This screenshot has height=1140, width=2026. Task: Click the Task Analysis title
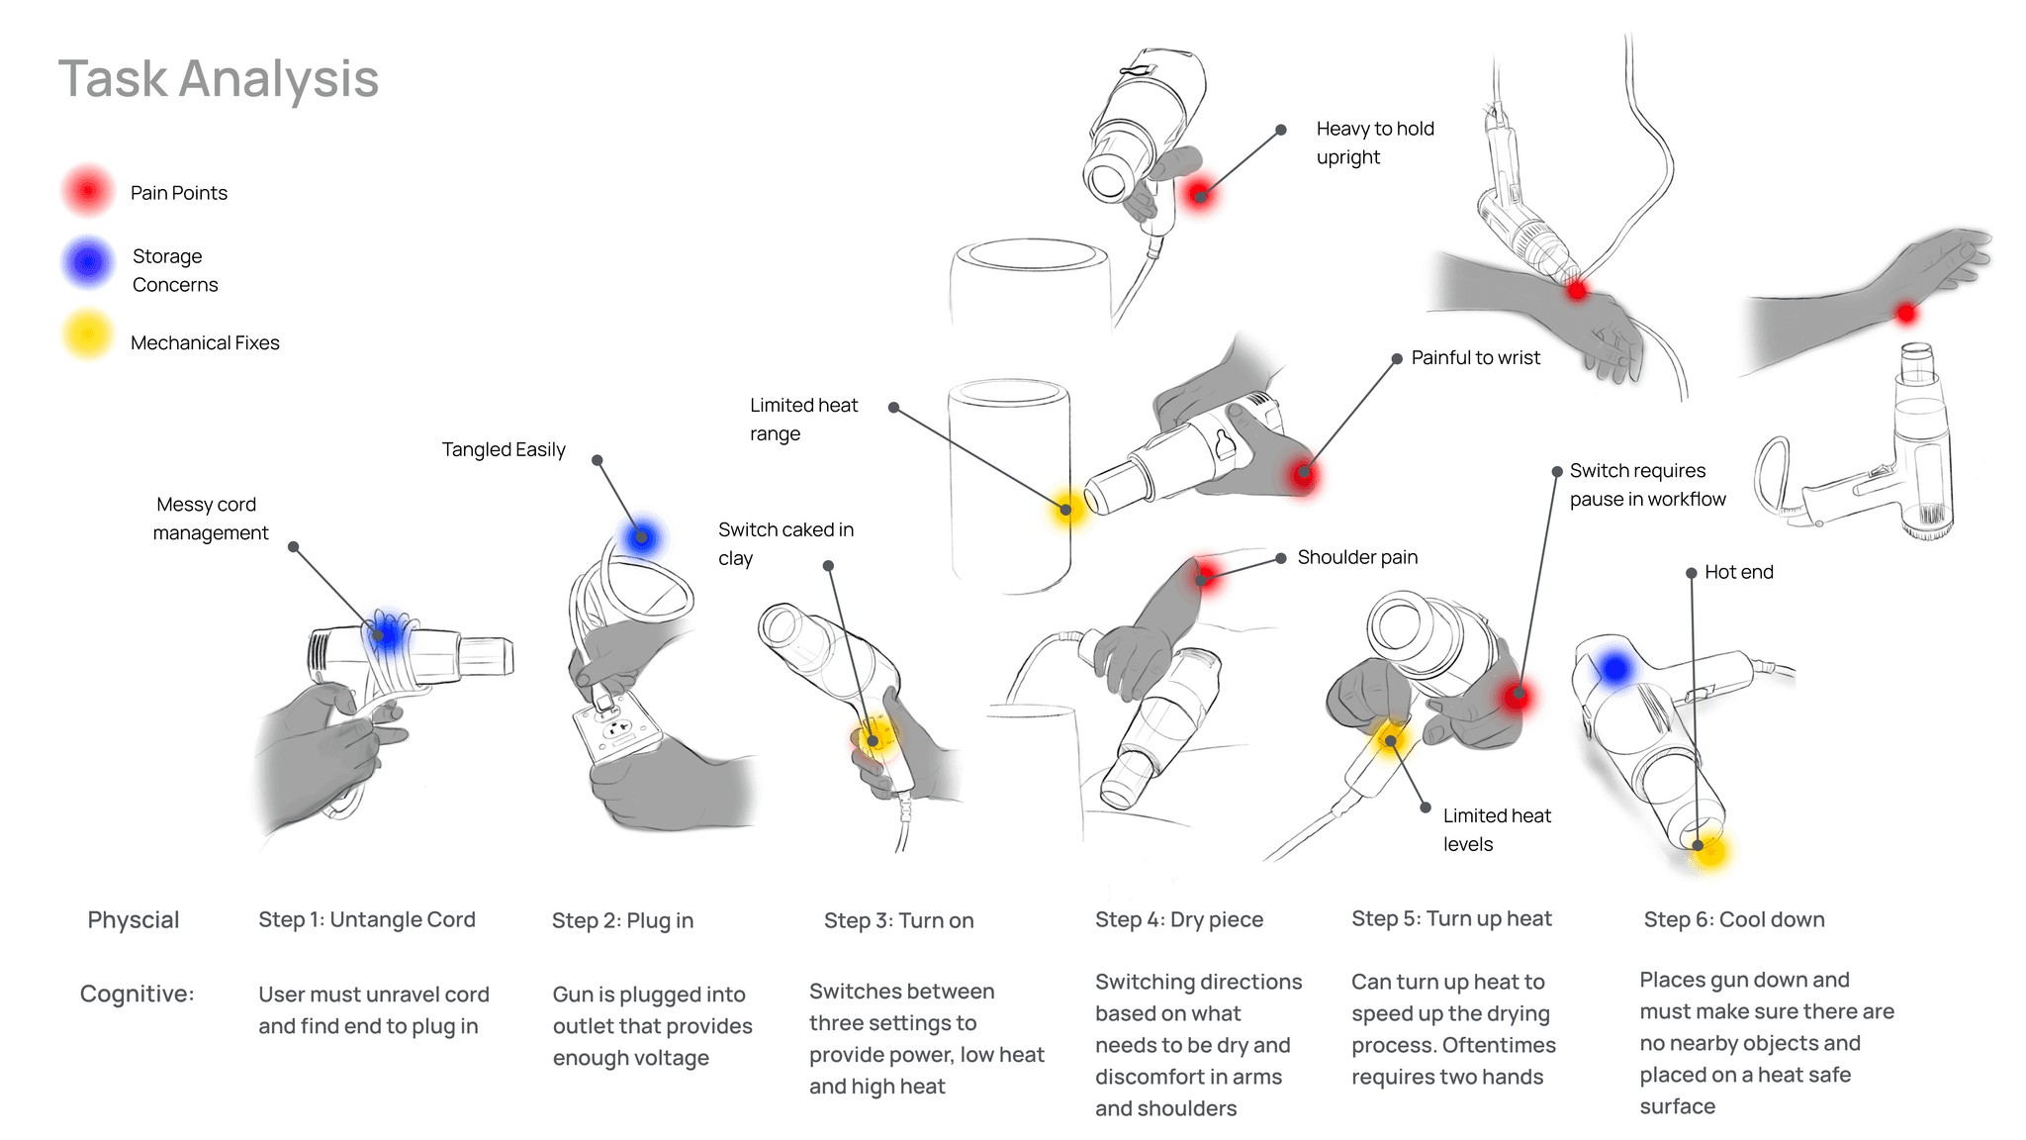click(x=219, y=79)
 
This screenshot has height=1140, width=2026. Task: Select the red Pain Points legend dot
click(x=88, y=191)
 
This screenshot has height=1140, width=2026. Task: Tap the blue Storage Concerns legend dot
click(x=89, y=262)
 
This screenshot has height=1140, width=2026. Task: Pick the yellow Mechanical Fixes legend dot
click(x=88, y=335)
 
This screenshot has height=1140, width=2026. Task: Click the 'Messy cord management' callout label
click(x=210, y=519)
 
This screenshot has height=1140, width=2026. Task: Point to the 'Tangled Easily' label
click(x=504, y=450)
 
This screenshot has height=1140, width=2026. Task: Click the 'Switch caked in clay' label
click(x=785, y=543)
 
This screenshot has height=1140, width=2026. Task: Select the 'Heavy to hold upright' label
click(x=1374, y=142)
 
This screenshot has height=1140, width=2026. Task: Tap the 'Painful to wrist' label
click(x=1475, y=358)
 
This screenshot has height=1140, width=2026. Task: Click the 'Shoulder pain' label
click(x=1357, y=558)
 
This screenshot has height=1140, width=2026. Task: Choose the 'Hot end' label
click(x=1738, y=572)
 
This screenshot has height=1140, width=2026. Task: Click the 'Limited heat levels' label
click(x=1496, y=829)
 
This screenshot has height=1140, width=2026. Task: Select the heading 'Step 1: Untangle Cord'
click(x=367, y=920)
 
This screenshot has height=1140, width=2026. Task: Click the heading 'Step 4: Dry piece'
click(x=1179, y=920)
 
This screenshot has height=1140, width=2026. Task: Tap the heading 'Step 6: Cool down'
click(x=1734, y=920)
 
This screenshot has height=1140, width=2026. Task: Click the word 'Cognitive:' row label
click(x=138, y=995)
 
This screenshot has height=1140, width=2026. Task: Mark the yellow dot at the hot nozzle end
click(x=1709, y=850)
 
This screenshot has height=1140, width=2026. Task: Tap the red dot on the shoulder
click(x=1204, y=574)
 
